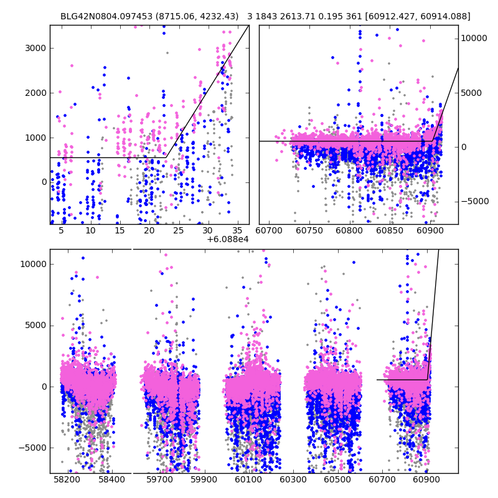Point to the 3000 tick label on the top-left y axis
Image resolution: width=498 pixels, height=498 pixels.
pos(36,48)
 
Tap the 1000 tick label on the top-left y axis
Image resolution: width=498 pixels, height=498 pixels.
pos(36,138)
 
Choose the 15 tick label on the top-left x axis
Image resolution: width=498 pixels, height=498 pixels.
pos(120,231)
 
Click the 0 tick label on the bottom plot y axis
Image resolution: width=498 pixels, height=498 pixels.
pos(43,387)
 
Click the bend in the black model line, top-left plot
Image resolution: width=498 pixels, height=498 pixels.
pos(166,157)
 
